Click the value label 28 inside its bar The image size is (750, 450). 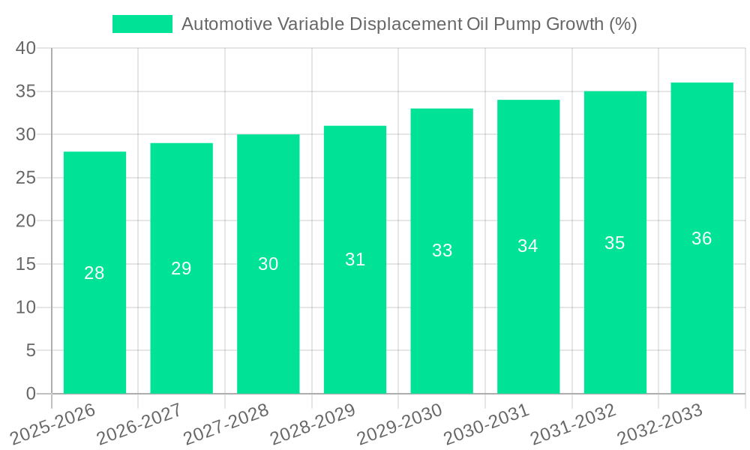tap(94, 273)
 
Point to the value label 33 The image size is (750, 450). tap(442, 250)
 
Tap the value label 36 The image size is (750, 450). tap(701, 238)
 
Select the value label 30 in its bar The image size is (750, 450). tap(268, 264)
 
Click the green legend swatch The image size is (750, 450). tap(142, 24)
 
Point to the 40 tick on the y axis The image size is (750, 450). tap(25, 48)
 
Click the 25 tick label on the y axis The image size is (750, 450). tap(25, 178)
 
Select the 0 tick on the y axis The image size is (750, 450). tap(31, 394)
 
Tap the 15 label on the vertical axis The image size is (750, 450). tap(25, 264)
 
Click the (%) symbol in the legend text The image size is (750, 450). tap(622, 24)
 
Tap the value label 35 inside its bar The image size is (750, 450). tap(614, 243)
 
